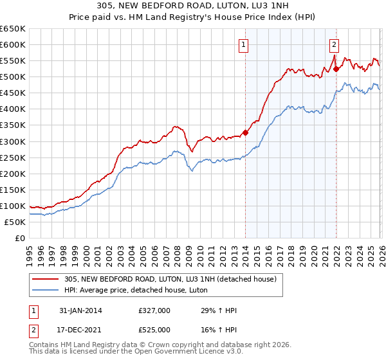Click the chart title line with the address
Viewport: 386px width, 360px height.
point(192,6)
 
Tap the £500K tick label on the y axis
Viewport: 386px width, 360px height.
point(12,77)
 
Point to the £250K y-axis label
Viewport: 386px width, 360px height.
point(12,157)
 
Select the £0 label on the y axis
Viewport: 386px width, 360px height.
point(20,239)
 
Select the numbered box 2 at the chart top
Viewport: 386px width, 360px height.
point(335,45)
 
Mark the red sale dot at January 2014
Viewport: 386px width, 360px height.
point(245,132)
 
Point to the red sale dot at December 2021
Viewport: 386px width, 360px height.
point(336,68)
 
